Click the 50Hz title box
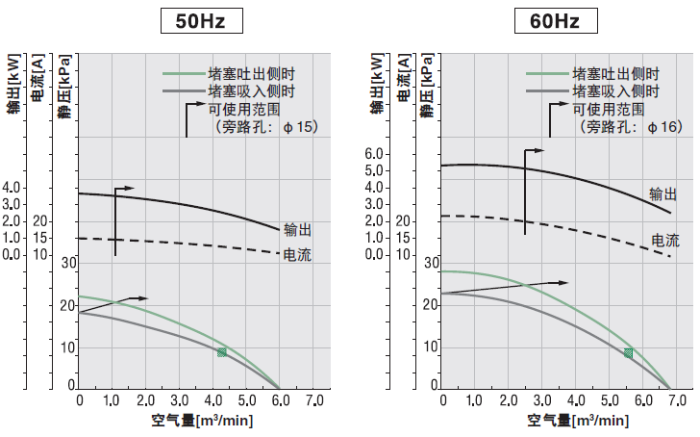coord(199,21)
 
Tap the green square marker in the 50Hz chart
coord(222,352)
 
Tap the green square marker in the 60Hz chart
coord(629,353)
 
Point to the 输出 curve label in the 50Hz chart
coord(297,230)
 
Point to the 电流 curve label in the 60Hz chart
coord(665,240)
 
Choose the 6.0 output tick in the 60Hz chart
coord(374,154)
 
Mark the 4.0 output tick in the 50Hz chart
coord(12,187)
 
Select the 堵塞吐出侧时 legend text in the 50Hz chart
coord(252,74)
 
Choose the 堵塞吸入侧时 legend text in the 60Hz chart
coord(614,91)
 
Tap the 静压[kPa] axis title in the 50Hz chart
coord(62,89)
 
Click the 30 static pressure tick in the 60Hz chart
coord(431,262)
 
